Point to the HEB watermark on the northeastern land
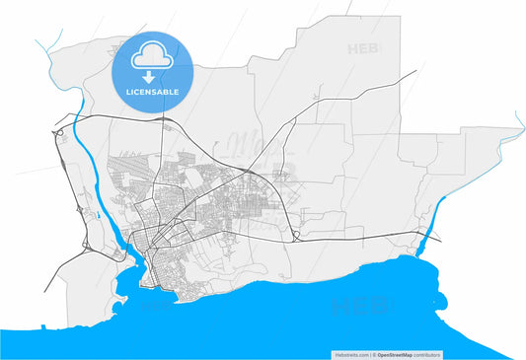[x=363, y=47]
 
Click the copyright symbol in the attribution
[x=374, y=353]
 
